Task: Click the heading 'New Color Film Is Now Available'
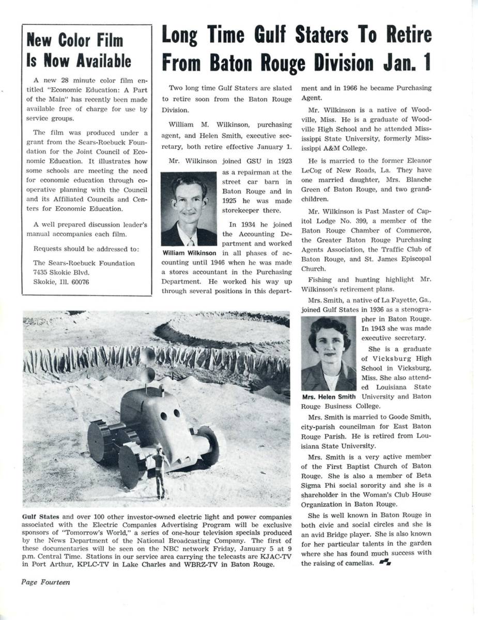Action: tap(79, 50)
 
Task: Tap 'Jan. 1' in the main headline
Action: tap(406, 63)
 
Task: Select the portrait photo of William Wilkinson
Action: tap(189, 209)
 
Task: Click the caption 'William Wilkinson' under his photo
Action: tap(189, 253)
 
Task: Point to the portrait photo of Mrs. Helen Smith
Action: tap(329, 354)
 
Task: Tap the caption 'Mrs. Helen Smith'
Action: tap(328, 397)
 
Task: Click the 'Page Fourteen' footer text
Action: tap(45, 582)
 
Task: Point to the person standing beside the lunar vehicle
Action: tap(159, 471)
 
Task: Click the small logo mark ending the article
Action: tap(384, 563)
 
